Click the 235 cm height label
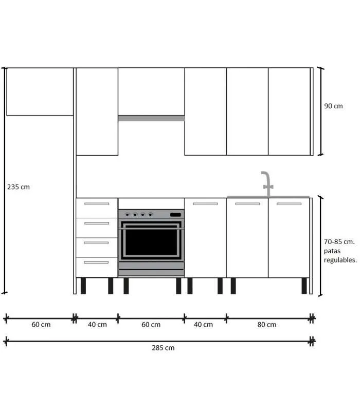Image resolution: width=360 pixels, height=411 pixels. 19,187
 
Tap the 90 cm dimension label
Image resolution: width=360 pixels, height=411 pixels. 333,106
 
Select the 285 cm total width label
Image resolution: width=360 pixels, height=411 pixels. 163,348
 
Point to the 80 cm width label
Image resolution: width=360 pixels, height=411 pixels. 266,325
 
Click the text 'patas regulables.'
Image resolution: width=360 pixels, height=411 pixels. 340,255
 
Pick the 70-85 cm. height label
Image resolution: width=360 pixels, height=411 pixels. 339,241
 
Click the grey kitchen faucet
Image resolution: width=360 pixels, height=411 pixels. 266,183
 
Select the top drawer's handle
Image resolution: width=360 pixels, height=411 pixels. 97,204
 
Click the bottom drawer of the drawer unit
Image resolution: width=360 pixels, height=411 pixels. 97,267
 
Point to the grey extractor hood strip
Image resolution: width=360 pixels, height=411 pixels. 151,118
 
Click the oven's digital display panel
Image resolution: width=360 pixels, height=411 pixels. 175,215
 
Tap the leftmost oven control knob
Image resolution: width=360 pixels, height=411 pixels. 127,215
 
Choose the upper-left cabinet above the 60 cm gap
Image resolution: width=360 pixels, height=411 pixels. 40,91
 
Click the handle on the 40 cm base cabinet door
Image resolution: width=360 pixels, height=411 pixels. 205,204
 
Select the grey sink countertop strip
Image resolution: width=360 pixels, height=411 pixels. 268,197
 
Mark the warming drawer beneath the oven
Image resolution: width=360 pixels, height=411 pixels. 151,269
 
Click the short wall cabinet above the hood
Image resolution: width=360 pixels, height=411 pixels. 151,91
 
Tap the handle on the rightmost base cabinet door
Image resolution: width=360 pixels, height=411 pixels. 289,204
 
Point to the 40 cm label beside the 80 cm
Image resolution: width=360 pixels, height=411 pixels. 204,325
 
